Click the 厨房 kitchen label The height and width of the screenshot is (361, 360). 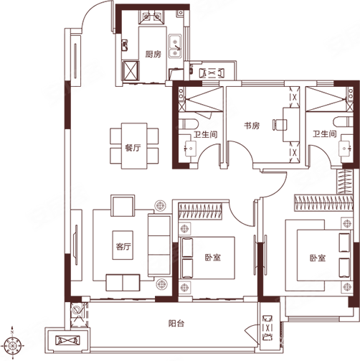[153, 55]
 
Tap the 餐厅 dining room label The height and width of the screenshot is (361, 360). [133, 148]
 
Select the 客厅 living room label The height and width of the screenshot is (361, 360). [123, 246]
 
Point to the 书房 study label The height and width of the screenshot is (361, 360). [252, 126]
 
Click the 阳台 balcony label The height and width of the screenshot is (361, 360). [176, 324]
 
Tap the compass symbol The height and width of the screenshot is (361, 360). [11, 344]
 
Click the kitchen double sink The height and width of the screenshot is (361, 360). [175, 46]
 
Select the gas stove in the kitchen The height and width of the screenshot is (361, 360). [151, 17]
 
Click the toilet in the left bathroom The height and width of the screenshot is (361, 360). [189, 124]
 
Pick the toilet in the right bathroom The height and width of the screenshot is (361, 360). [344, 122]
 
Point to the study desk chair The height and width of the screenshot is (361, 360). [280, 125]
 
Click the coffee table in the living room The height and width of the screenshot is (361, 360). [123, 245]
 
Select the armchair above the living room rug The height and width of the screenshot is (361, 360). [123, 206]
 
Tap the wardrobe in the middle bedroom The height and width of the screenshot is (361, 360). [200, 212]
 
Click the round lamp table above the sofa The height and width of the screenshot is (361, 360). [160, 205]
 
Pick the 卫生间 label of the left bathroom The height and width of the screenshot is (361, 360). [206, 134]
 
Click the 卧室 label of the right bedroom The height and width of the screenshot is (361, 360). [318, 258]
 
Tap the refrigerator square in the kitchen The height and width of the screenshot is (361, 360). [131, 70]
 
